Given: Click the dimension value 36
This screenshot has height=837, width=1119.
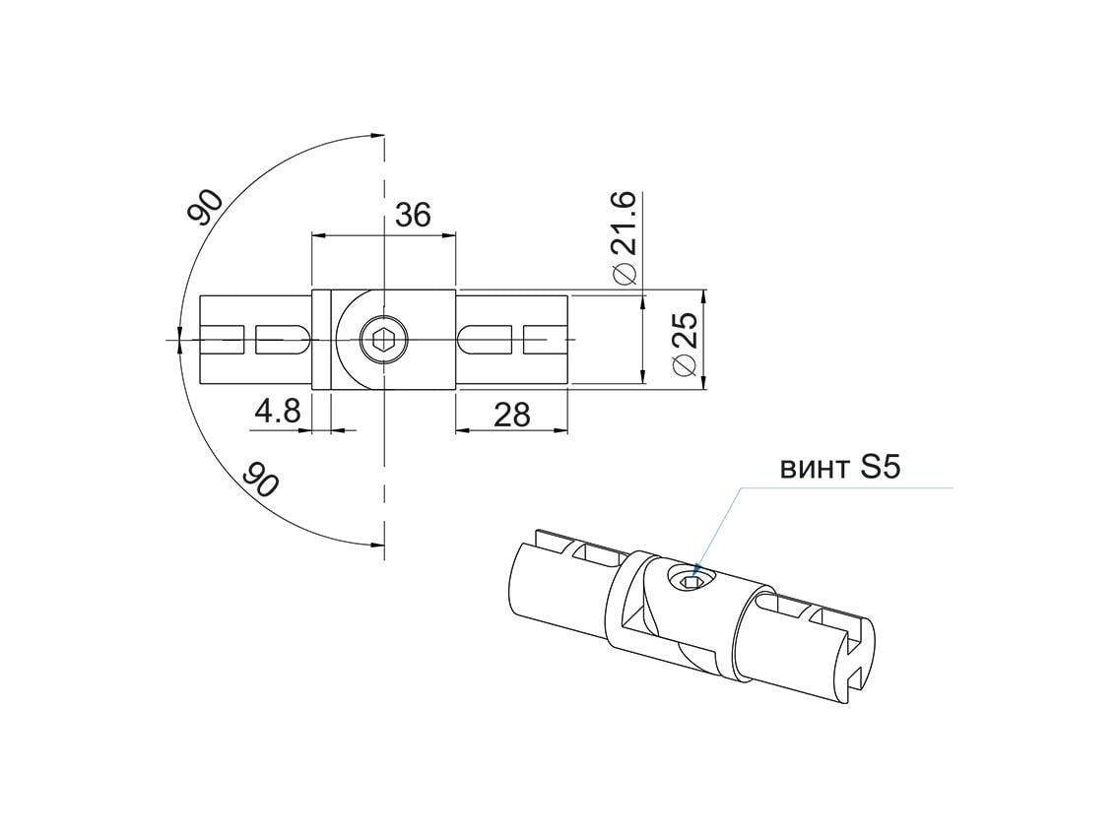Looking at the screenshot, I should point(413,215).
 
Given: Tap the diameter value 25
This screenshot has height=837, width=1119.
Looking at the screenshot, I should point(684,331).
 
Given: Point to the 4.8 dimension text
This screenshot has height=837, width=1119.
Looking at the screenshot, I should point(277,411).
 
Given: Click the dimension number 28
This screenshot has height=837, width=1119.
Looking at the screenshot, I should point(511,415).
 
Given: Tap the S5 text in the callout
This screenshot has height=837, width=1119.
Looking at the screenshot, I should point(880,468).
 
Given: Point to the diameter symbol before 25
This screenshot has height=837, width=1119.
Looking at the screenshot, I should point(685,366).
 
